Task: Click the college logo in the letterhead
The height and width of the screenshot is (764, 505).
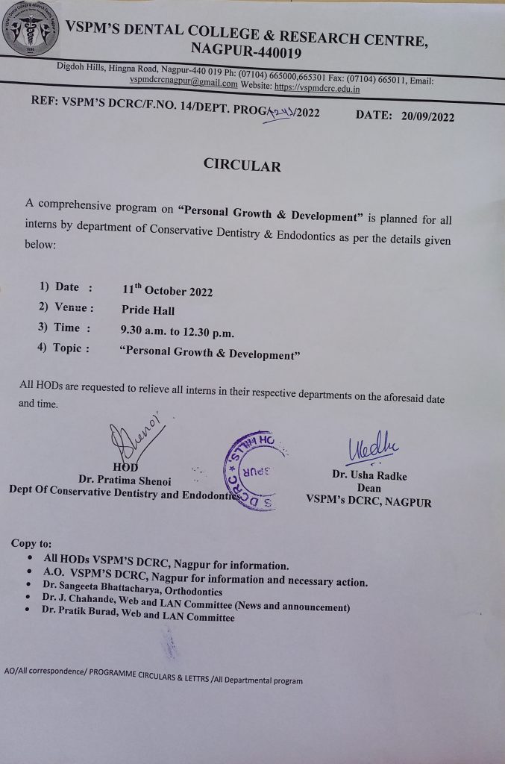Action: click(x=31, y=31)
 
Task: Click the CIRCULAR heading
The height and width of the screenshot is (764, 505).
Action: click(x=242, y=165)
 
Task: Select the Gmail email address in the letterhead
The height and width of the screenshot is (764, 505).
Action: click(x=184, y=84)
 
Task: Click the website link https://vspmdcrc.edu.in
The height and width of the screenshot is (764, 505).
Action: click(x=318, y=88)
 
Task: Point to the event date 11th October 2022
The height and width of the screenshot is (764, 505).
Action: click(x=167, y=290)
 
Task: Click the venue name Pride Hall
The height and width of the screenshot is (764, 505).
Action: click(x=148, y=309)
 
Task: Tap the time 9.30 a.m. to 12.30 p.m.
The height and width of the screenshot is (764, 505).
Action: click(x=177, y=329)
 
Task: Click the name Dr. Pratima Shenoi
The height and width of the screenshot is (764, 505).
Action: click(x=125, y=480)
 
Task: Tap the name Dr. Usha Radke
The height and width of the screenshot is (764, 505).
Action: click(x=369, y=476)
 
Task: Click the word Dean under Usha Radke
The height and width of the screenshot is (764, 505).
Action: click(x=369, y=489)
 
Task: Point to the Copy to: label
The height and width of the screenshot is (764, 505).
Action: click(x=31, y=543)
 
